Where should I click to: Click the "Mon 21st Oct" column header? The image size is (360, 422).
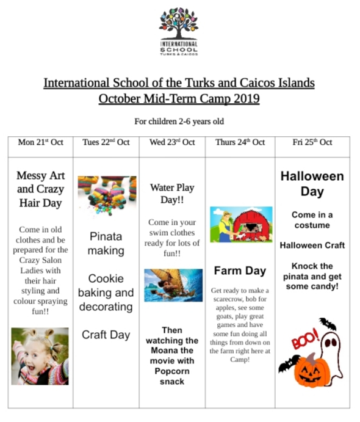40,142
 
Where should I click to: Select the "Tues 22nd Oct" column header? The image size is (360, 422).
106,142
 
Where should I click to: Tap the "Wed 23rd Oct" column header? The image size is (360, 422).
172,142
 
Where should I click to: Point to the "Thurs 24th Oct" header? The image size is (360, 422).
240,142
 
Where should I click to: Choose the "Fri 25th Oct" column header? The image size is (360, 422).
312,142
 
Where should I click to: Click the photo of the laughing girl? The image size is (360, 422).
40,355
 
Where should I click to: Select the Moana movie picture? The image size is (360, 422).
172,285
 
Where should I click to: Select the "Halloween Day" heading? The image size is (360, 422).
312,183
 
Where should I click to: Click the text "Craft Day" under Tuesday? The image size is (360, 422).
106,335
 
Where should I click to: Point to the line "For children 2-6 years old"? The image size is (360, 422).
179,120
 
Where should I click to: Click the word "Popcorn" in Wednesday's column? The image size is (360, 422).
172,371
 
